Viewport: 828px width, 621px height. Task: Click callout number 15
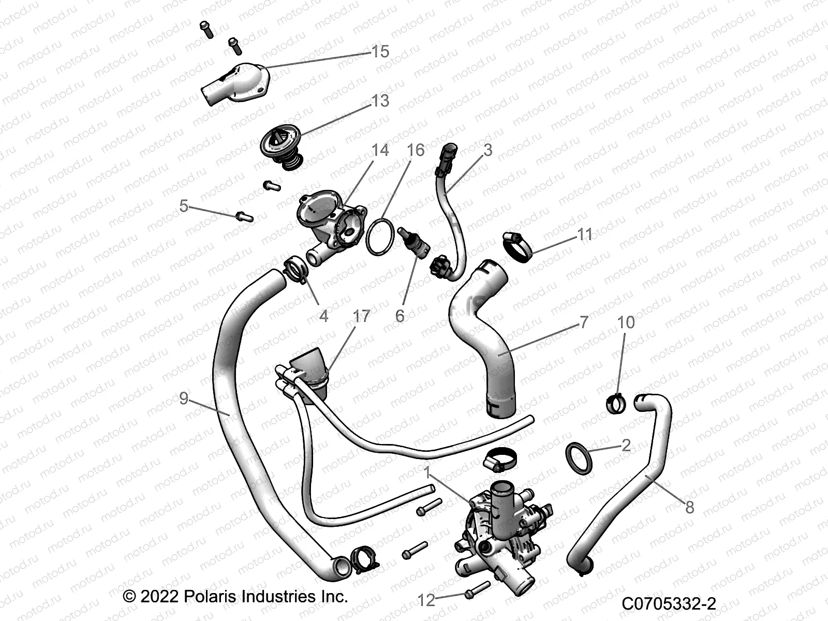coord(380,52)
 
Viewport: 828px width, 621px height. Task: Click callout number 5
coord(184,206)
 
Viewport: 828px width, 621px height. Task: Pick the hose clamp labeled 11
coord(516,245)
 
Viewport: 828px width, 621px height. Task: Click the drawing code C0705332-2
coord(669,604)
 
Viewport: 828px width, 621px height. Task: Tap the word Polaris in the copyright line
coord(206,597)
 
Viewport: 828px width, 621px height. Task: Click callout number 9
coord(184,398)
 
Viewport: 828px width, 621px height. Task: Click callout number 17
coord(361,316)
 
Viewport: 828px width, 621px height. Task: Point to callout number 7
coord(584,322)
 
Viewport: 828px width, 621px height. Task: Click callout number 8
coord(689,507)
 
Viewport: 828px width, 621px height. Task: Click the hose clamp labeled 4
coord(295,270)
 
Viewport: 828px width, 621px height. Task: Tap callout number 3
coord(487,150)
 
